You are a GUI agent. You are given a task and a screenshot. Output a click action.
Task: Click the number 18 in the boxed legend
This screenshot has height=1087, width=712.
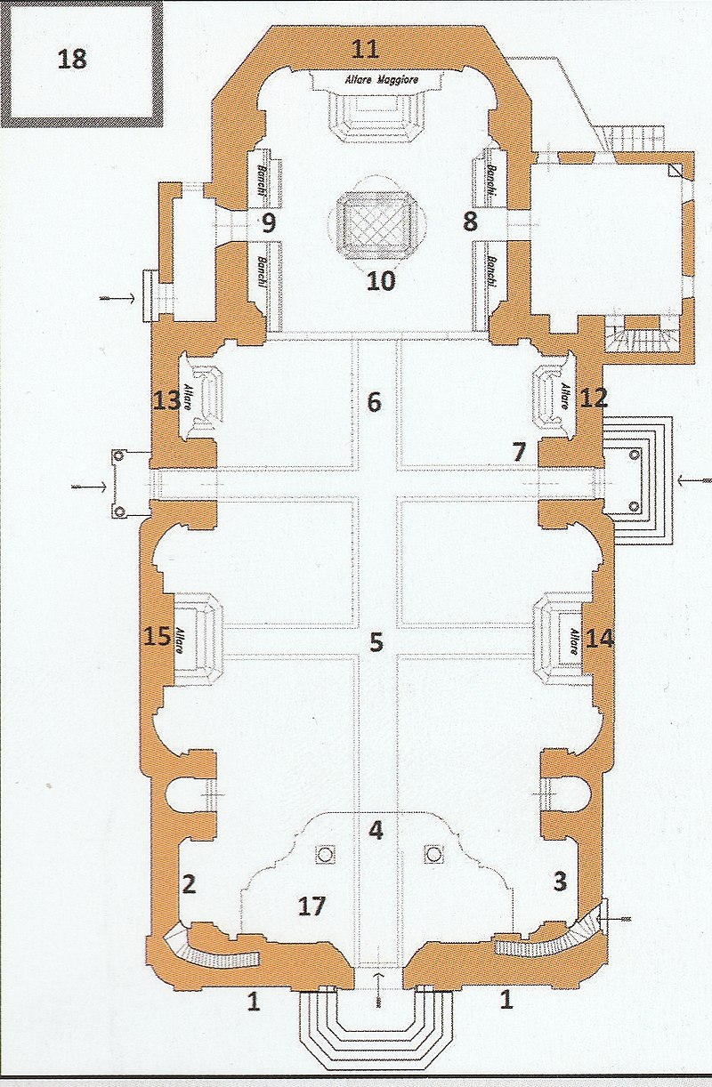[x=72, y=60]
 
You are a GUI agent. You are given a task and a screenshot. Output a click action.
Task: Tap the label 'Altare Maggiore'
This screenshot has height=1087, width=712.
[x=381, y=79]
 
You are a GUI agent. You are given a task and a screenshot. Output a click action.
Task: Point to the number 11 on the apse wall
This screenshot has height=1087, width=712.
[x=365, y=50]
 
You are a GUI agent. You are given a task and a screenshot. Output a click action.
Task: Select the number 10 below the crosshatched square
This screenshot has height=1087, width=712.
[x=381, y=281]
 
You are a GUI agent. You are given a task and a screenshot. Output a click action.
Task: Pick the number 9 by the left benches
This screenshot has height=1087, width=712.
[x=269, y=223]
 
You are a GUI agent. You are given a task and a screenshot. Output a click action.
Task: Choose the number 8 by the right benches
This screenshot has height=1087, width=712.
[x=470, y=221]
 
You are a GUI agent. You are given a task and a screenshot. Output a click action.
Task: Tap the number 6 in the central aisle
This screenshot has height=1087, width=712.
[x=374, y=402]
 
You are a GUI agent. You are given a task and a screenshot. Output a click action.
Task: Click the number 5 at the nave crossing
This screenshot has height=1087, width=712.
[x=376, y=641]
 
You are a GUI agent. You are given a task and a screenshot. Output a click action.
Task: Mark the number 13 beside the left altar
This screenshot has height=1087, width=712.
[x=167, y=402]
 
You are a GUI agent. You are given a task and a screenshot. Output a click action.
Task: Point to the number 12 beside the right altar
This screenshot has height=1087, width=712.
[x=594, y=399]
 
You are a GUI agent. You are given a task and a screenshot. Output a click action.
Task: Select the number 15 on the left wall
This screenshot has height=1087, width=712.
[x=158, y=636]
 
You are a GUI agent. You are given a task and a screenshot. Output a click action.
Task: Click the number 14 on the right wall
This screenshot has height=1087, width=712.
[x=600, y=639]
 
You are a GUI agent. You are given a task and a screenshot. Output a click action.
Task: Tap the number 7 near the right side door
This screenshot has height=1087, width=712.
[x=519, y=452]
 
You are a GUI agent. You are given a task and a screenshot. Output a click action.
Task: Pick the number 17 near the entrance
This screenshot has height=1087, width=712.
[x=311, y=906]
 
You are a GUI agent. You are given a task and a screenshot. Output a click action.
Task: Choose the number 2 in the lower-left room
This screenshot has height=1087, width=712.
[x=189, y=883]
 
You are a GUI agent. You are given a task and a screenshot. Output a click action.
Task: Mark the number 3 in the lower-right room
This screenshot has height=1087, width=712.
[x=560, y=882]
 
